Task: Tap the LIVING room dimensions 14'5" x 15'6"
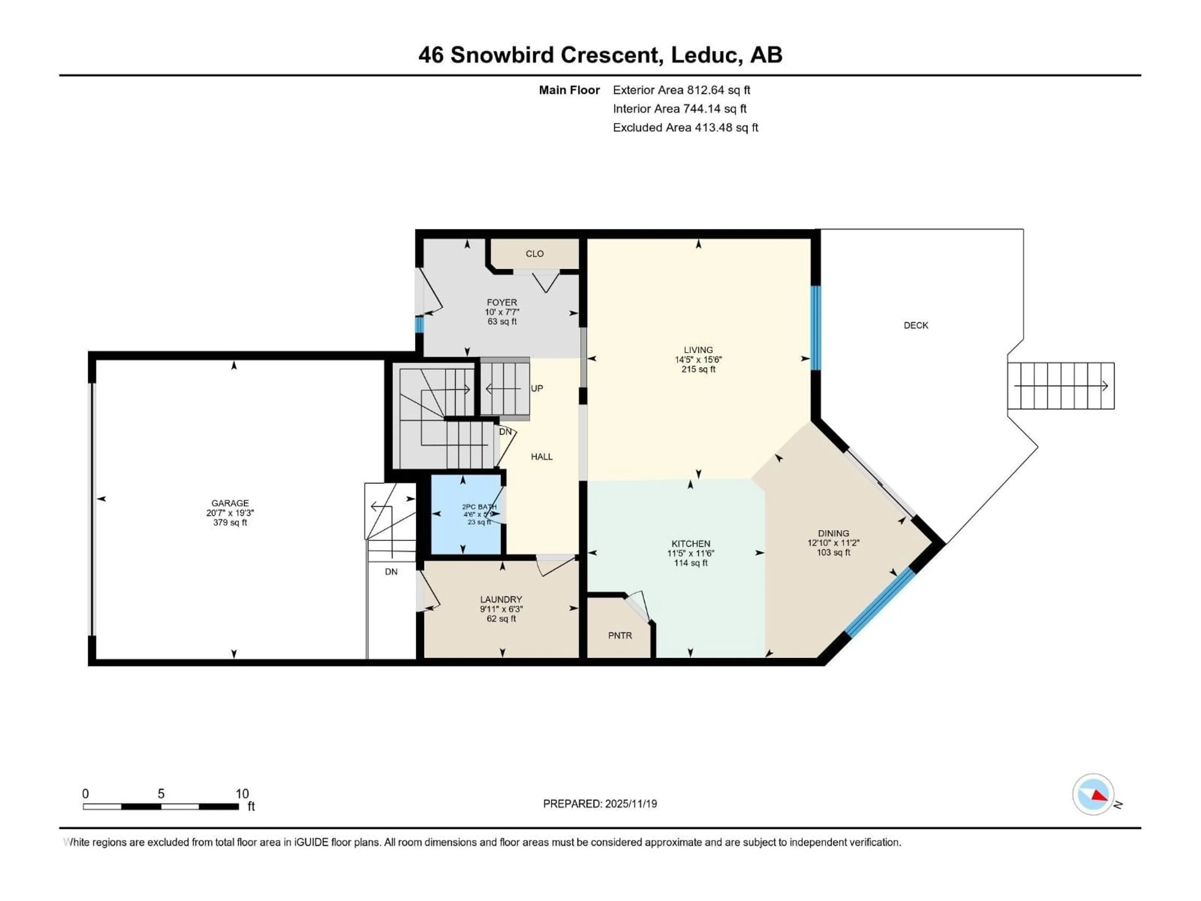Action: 698,359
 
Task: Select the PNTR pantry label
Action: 620,635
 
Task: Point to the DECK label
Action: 915,325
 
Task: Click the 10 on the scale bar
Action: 242,793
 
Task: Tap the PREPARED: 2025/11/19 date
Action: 600,804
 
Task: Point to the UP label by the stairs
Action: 536,388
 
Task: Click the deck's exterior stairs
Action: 1060,386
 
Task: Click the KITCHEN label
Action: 691,544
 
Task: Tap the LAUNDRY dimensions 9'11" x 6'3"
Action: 501,609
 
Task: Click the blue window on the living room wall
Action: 815,328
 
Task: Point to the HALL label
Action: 541,457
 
